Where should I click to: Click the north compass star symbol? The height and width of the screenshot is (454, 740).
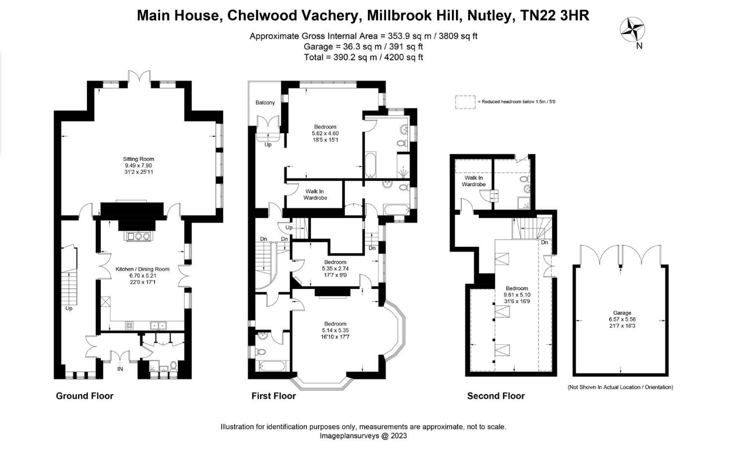[632, 29]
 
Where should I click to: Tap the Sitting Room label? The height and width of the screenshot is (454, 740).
[138, 159]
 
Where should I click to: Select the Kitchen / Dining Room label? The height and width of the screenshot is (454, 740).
[143, 269]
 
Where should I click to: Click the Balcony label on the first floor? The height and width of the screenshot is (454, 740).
[265, 103]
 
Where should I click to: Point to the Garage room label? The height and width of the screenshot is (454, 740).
[622, 313]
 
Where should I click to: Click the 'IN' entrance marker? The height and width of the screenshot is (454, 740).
[120, 369]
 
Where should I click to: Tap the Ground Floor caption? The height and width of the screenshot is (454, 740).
[85, 396]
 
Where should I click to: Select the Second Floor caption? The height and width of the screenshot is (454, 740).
[496, 396]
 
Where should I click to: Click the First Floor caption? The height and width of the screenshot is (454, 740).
[273, 396]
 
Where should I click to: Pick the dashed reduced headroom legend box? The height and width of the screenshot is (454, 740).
[465, 102]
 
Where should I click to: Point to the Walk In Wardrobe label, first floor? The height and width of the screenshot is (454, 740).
[315, 194]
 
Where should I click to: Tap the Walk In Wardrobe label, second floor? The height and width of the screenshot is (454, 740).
[474, 181]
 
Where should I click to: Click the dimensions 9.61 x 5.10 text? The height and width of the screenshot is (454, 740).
[517, 295]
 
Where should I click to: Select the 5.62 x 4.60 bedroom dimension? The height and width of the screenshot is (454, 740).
[325, 133]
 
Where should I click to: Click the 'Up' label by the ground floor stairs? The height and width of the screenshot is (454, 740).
[69, 308]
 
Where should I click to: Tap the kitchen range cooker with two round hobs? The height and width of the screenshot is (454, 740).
[138, 236]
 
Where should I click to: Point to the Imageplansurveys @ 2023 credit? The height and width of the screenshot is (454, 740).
[363, 436]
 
